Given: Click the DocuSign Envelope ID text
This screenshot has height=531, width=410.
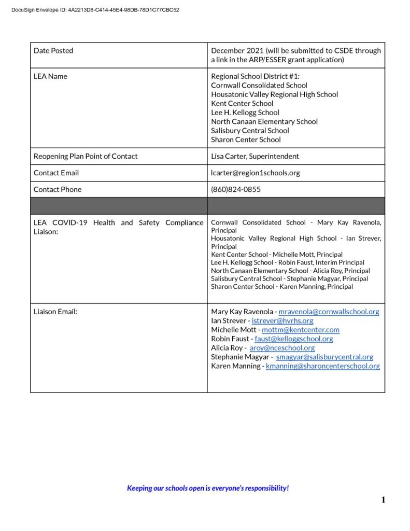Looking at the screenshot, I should click(95, 9).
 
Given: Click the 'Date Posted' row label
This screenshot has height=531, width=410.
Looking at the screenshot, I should click(53, 51).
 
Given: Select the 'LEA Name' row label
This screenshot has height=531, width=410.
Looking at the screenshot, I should click(50, 76).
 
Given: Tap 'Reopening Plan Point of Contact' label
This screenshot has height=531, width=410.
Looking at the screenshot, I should click(86, 156).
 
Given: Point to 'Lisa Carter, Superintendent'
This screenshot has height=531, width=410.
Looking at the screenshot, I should click(255, 156).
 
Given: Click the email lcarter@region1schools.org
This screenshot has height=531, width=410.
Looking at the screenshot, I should click(256, 173).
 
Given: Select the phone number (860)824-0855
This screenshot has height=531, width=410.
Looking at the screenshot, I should click(236, 189).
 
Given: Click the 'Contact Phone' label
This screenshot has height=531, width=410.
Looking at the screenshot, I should click(58, 189).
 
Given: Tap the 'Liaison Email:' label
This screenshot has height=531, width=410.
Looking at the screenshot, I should click(55, 312).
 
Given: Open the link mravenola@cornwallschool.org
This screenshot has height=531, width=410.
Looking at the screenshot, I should click(329, 312).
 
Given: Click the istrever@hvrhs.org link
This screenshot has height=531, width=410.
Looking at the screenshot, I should click(282, 321).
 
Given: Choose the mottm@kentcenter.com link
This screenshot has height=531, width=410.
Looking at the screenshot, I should click(301, 330).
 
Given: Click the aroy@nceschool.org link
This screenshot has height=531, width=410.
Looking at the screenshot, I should click(282, 348).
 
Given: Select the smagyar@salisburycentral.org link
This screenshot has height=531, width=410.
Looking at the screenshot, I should click(324, 357).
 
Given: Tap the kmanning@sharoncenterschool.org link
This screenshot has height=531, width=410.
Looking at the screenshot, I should click(322, 366).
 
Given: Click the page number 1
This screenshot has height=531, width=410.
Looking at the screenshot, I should click(383, 500).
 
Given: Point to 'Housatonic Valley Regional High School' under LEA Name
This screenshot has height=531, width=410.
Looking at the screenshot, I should click(274, 94).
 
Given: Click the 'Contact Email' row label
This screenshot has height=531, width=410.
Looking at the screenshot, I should click(56, 173).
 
